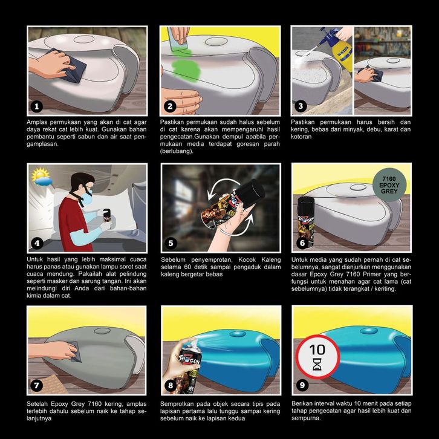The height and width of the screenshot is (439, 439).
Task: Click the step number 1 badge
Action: point(37,106)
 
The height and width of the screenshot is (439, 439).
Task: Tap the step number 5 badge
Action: point(171,243)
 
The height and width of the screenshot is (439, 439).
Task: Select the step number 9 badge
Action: point(302,385)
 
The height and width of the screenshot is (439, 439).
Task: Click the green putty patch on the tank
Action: point(186,68)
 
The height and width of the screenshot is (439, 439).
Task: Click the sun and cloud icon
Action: point(42,177)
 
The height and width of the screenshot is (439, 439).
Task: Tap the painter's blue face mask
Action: point(88,198)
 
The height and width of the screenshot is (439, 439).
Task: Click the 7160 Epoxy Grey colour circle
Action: point(389,185)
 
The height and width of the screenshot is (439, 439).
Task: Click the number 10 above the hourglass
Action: point(317,350)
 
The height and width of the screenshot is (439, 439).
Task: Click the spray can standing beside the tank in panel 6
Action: point(306,223)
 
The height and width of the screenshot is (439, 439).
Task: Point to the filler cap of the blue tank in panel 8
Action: point(238,334)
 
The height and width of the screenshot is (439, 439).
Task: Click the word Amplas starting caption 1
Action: point(37,122)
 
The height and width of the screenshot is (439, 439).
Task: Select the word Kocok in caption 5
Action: point(247,259)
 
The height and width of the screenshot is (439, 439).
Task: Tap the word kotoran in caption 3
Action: point(301,137)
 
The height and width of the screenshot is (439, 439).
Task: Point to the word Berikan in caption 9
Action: point(302,403)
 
